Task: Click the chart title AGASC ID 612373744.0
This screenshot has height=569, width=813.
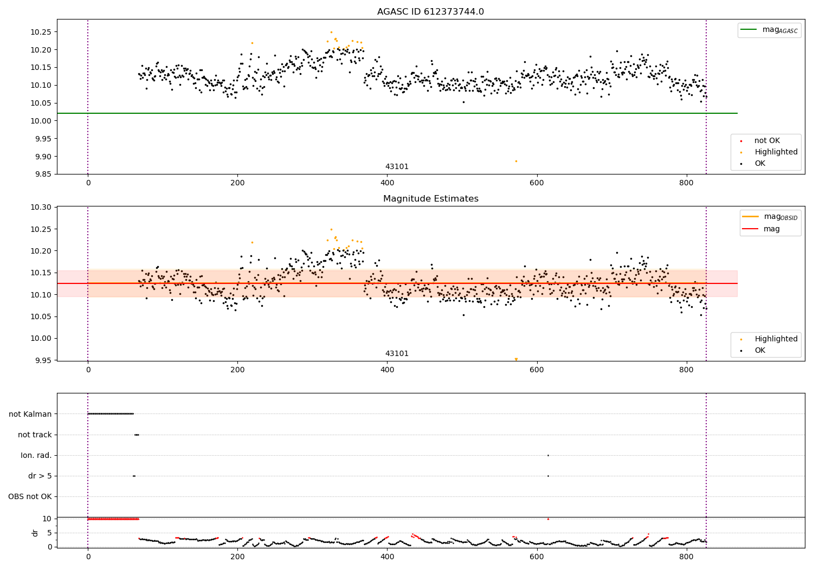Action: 430,12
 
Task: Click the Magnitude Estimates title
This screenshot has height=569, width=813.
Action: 430,199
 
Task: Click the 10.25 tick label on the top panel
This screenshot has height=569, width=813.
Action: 41,32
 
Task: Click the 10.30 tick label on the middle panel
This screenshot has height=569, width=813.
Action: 41,208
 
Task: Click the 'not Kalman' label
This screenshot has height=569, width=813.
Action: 30,414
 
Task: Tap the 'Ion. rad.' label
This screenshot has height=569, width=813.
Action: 36,455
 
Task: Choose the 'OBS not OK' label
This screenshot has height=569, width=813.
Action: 30,496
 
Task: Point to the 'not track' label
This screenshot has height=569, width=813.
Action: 35,435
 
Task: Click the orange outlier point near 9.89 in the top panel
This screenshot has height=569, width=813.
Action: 516,161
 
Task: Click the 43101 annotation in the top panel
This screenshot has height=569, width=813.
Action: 397,167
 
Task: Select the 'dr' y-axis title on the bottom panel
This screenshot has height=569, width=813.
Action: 35,533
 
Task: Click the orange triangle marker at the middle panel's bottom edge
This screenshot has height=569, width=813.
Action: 516,359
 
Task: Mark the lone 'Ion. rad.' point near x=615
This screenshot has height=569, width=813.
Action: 548,455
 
